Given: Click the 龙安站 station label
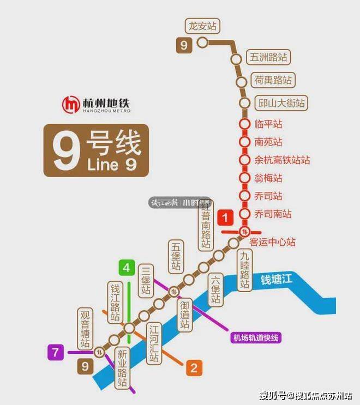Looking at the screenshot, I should click(202, 26).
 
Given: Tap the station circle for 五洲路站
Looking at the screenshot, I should click(236, 59).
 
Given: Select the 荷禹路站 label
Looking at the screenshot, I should click(273, 81).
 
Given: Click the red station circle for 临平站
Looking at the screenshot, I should click(244, 124).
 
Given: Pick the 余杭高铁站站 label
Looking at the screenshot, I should click(282, 160).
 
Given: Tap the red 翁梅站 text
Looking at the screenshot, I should click(268, 178).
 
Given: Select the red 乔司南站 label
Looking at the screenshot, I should click(273, 214).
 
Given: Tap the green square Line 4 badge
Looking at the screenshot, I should click(127, 268).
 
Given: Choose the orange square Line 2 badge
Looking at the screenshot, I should click(193, 368).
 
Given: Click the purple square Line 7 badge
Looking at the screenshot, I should click(55, 352).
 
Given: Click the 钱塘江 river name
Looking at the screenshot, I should click(277, 281).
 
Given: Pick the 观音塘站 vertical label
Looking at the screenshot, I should click(85, 330).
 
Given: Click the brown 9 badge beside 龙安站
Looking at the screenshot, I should click(184, 45).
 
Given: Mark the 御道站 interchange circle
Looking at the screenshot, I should click(173, 290).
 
